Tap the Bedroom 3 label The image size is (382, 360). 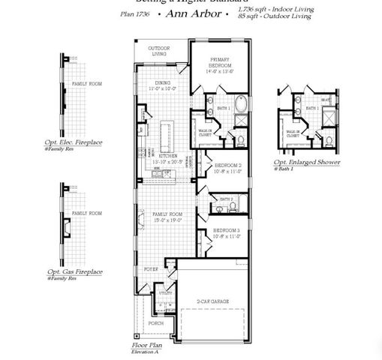point(226,232)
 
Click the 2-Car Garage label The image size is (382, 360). point(213,301)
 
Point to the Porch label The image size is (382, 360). point(155,322)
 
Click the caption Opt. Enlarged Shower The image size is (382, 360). point(306,162)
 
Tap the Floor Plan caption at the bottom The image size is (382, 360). point(146,346)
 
